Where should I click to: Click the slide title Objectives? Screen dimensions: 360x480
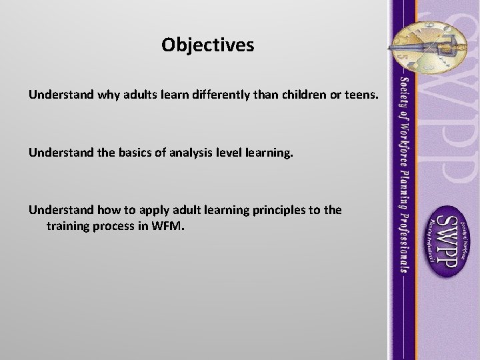click(x=207, y=45)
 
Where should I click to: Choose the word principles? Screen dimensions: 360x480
click(x=272, y=210)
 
